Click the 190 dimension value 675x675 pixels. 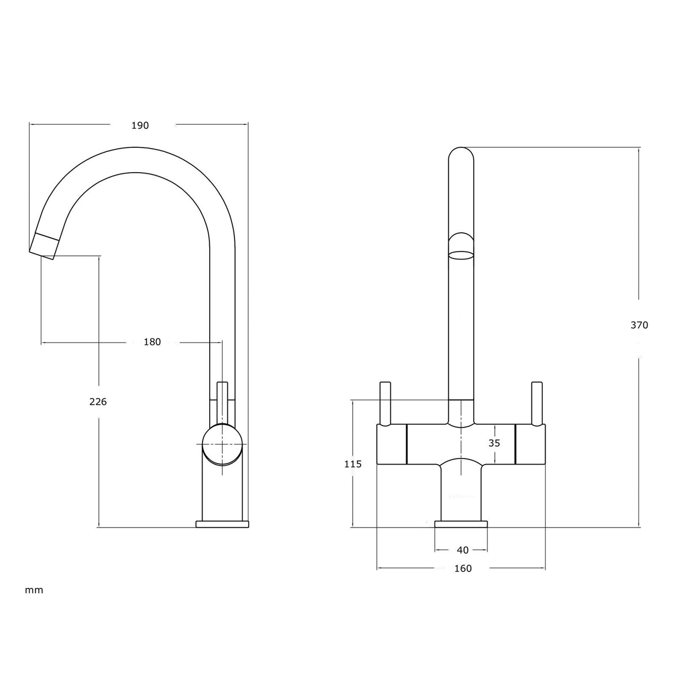point(140,125)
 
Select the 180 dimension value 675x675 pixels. point(152,342)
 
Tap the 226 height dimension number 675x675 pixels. point(98,402)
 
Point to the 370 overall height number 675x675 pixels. point(639,325)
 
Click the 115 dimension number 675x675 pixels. point(353,464)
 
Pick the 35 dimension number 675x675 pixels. point(494,443)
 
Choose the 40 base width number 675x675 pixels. point(463,550)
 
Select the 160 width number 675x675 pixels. point(463,569)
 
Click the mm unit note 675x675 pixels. point(34,591)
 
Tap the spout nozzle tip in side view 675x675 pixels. point(43,246)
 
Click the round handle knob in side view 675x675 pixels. point(223,444)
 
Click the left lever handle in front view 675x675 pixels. point(385,404)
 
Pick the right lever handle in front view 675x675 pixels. point(537,404)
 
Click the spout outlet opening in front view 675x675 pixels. point(461,255)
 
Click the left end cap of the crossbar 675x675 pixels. point(391,444)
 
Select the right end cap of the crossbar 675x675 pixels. point(530,444)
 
